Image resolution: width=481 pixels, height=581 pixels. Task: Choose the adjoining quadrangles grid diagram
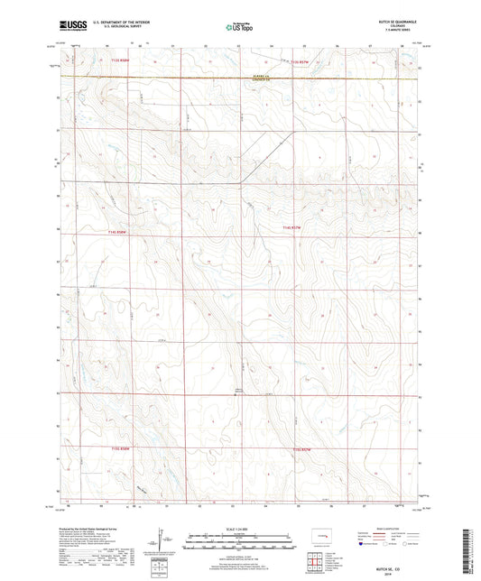(x=316, y=564)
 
